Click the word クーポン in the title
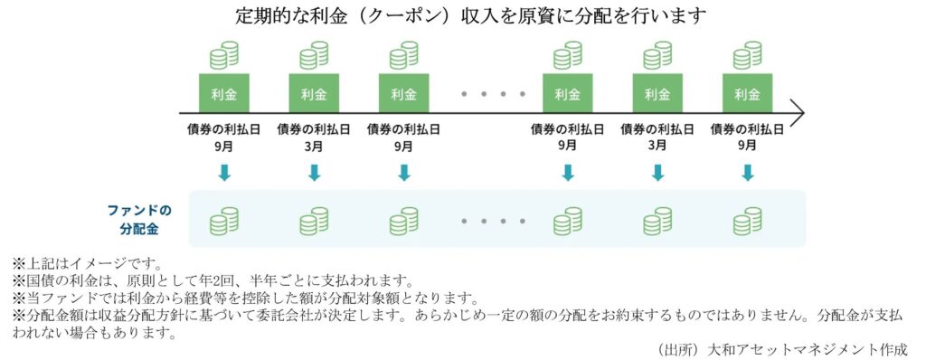pos(402,16)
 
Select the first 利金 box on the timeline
pos(223,93)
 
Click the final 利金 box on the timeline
pos(747,93)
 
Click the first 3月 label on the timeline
pos(314,145)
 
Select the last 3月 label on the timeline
pos(657,145)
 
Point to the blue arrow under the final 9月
pos(747,172)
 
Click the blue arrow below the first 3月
pos(314,172)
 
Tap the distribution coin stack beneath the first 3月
pos(314,220)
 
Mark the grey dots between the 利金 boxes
pos(493,93)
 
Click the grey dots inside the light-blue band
pos(493,220)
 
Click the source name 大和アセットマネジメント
pos(796,347)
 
